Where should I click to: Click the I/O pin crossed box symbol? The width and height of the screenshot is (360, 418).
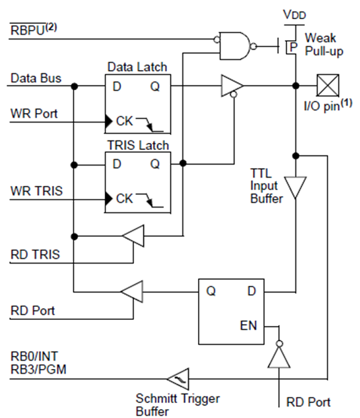(x=328, y=86)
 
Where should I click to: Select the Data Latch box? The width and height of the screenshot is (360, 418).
(x=138, y=103)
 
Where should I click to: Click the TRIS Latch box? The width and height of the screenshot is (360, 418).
(x=138, y=181)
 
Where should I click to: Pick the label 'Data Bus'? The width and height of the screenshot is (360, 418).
(x=36, y=78)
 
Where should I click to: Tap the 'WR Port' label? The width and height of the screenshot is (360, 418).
(x=34, y=113)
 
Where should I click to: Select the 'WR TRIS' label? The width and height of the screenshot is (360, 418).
(x=35, y=191)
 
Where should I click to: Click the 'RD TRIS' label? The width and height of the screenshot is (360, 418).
(x=35, y=254)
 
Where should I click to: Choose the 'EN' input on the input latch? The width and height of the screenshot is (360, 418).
(x=248, y=326)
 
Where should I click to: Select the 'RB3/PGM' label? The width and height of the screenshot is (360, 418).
(x=38, y=370)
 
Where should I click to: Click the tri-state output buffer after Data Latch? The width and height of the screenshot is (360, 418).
(x=231, y=86)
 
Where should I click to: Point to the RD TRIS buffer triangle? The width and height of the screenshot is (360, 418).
(x=134, y=237)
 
